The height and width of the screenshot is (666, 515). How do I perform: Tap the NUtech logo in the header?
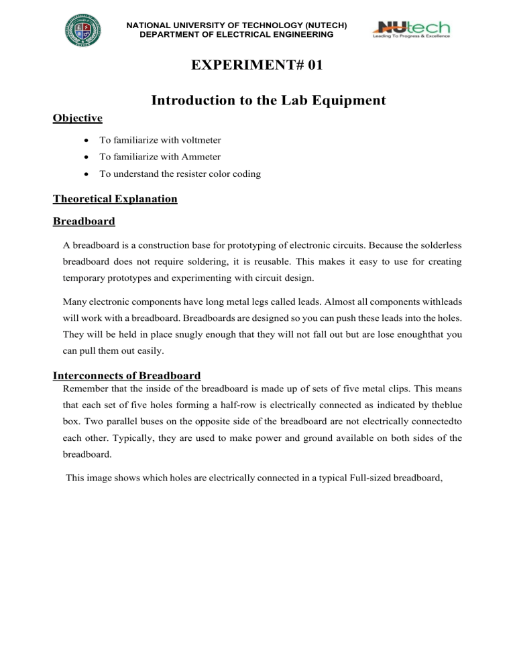coord(411,29)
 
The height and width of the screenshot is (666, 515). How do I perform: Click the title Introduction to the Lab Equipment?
coord(268,101)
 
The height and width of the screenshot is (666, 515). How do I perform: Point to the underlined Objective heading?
coord(77,118)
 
